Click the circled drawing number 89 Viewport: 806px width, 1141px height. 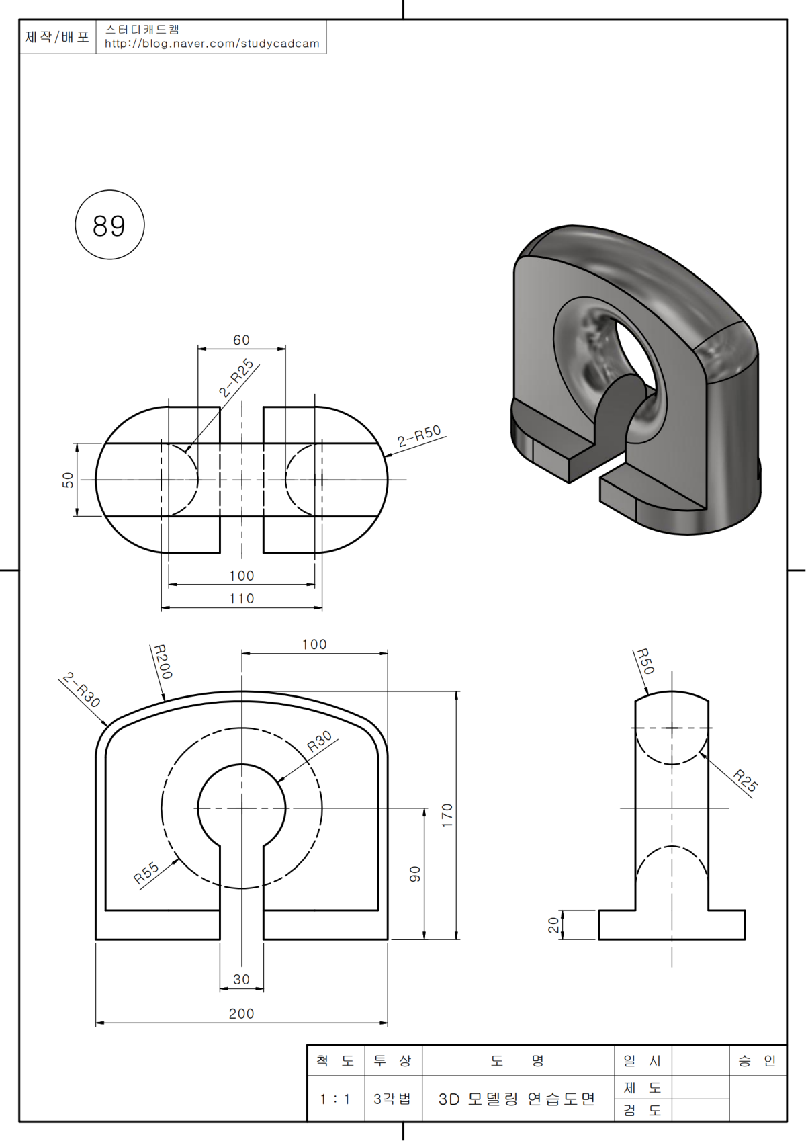[x=109, y=225]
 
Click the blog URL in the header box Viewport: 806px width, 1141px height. [x=212, y=44]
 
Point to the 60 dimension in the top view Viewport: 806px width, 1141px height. [x=241, y=340]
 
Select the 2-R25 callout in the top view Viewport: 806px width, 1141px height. [x=236, y=378]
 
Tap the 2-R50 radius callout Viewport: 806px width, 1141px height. [x=419, y=436]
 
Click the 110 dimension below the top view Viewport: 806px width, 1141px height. [x=241, y=599]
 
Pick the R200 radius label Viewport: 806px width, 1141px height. [x=163, y=662]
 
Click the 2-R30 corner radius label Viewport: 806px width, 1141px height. [x=82, y=689]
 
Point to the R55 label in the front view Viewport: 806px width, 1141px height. [x=146, y=872]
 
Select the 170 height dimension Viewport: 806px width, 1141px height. [x=447, y=815]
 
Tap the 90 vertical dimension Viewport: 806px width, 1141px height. [x=415, y=874]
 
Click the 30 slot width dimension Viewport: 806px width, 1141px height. [x=241, y=980]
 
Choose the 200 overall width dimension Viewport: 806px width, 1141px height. [x=241, y=1013]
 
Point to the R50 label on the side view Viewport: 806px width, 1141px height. [x=645, y=661]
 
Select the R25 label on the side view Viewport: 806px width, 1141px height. [x=745, y=781]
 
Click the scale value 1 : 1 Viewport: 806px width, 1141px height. [x=334, y=1099]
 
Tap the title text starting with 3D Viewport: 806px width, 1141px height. [x=517, y=1099]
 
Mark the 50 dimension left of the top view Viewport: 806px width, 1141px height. [x=68, y=480]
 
